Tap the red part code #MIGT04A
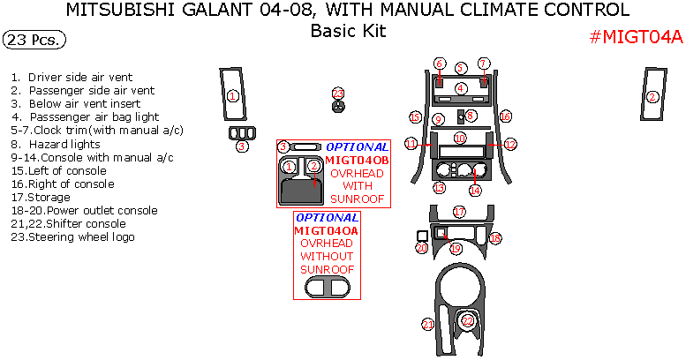pos(636,37)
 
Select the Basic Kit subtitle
pos(348,31)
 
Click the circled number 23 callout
pos(338,93)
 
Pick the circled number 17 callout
pos(459,212)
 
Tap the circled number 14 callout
pos(475,190)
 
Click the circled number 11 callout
pos(411,143)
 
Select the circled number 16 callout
pos(505,116)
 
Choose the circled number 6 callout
pos(440,64)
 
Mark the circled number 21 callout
pos(428,325)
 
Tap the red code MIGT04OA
pos(327,230)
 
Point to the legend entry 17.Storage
pos(41,197)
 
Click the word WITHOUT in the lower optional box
pos(327,256)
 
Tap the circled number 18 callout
pos(495,238)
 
